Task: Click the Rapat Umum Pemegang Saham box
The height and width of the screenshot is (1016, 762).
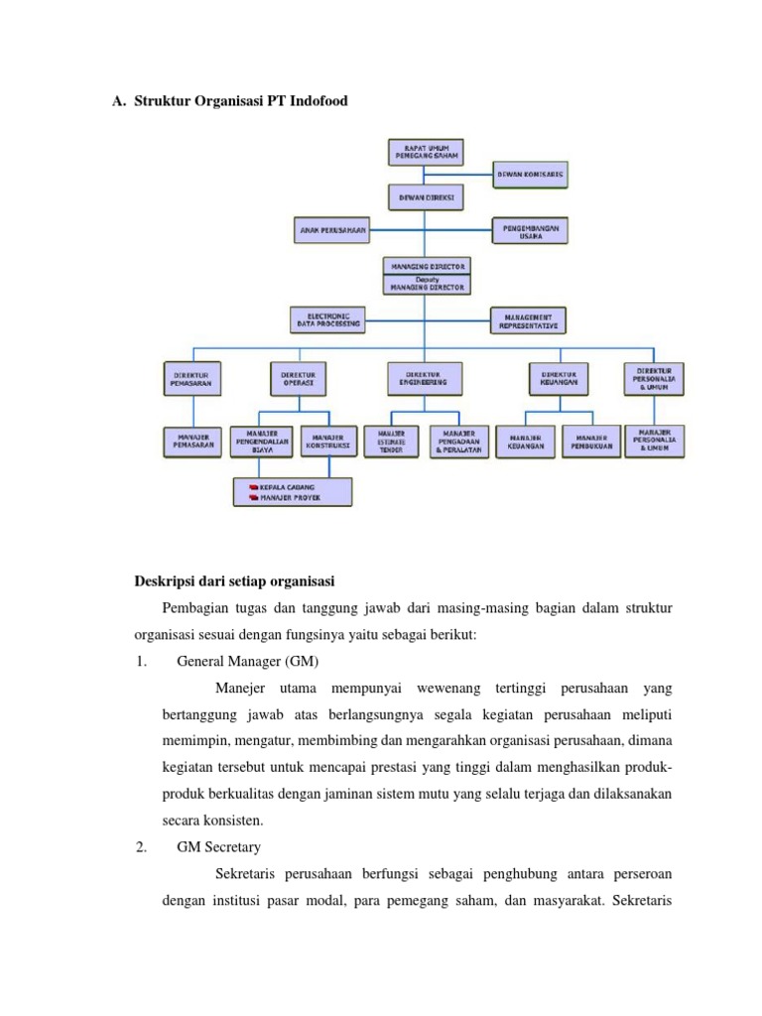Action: [426, 153]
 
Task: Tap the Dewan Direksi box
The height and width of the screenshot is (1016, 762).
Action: [426, 197]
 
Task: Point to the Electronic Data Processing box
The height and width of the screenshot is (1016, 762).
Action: [327, 319]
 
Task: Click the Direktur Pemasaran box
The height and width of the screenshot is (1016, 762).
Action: [192, 377]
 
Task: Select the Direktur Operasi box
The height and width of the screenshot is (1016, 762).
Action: [299, 377]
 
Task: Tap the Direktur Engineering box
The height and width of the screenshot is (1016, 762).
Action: [426, 377]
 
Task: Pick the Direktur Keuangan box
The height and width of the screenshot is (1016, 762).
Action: [559, 377]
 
